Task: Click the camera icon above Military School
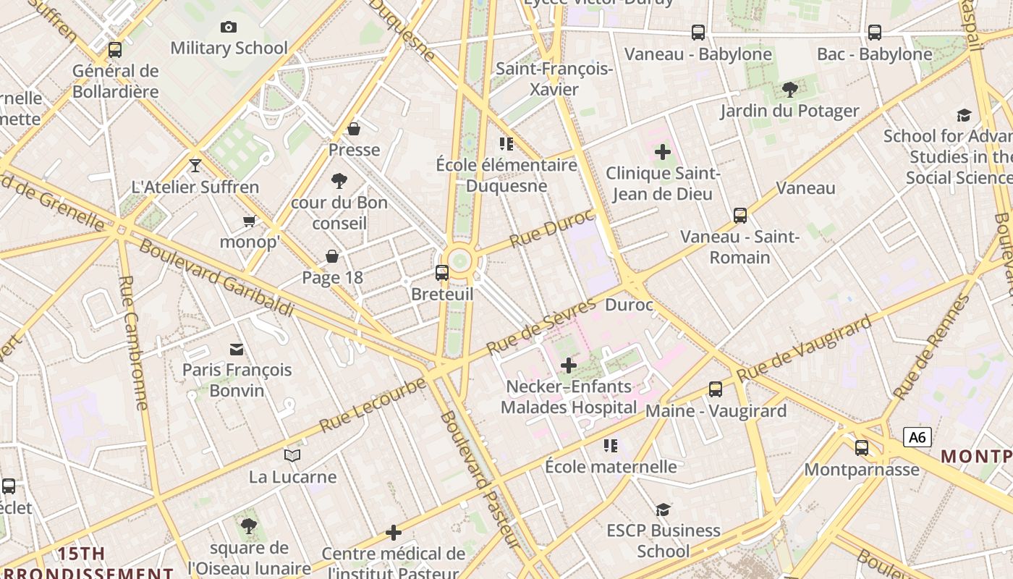(x=229, y=28)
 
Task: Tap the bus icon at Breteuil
(x=441, y=273)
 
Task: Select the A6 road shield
(x=917, y=437)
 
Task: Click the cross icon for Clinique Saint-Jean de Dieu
(x=662, y=152)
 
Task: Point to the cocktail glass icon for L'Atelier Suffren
(x=195, y=166)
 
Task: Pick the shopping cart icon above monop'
(x=250, y=221)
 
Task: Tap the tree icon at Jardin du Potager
(x=789, y=90)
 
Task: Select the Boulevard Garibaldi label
(x=216, y=277)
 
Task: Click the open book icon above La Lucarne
(x=292, y=455)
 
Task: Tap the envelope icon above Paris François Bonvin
(x=237, y=350)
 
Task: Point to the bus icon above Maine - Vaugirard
(x=716, y=389)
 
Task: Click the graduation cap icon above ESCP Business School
(x=663, y=510)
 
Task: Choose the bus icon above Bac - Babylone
(x=874, y=33)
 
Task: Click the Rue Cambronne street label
(x=133, y=342)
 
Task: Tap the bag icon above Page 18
(x=332, y=256)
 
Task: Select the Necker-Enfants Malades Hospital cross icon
(x=569, y=365)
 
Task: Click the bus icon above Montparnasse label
(x=861, y=448)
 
